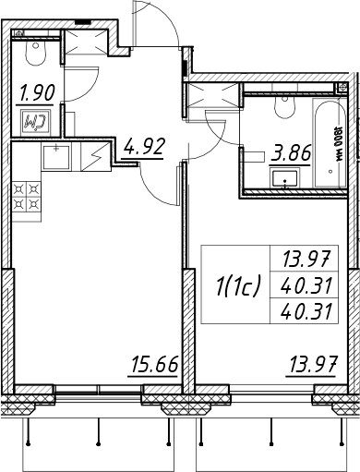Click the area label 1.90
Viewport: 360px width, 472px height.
point(37,92)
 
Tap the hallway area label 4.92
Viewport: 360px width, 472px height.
point(144,147)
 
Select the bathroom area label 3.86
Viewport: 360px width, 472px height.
point(291,153)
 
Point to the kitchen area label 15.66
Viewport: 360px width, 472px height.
point(154,364)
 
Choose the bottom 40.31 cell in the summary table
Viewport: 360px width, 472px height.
point(306,311)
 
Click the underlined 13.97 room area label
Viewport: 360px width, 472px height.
point(311,364)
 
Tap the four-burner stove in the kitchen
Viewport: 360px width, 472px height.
point(27,197)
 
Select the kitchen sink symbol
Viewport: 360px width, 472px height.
point(56,157)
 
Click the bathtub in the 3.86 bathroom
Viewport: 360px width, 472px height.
point(330,142)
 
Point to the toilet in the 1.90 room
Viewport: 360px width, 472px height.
point(36,53)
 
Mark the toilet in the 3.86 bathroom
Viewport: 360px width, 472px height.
point(285,106)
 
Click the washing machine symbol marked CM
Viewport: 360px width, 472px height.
point(37,123)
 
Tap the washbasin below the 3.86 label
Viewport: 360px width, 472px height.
point(285,178)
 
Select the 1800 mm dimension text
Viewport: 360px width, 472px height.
point(339,143)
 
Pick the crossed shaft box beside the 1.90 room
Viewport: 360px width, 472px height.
point(86,42)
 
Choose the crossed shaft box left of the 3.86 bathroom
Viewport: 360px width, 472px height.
point(214,95)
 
